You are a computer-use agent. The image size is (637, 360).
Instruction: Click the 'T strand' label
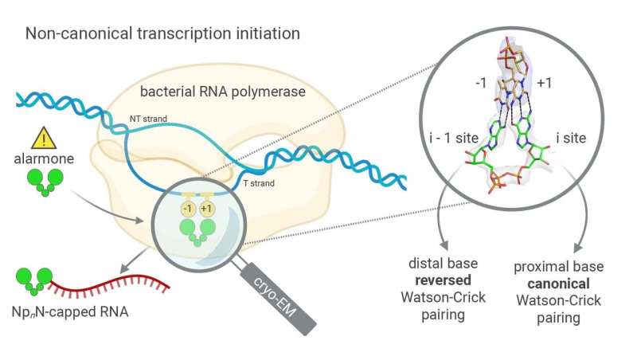pyautogui.click(x=259, y=184)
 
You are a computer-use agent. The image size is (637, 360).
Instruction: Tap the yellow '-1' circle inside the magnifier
pyautogui.click(x=188, y=209)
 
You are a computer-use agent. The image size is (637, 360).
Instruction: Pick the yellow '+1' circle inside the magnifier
pyautogui.click(x=209, y=209)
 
